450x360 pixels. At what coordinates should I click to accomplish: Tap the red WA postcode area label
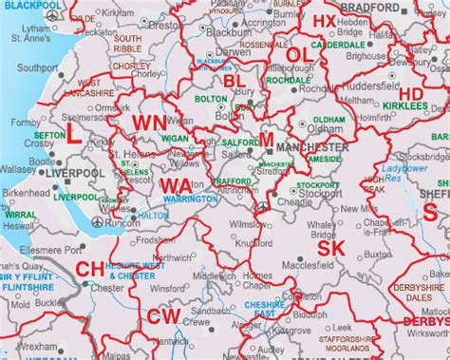click(x=176, y=184)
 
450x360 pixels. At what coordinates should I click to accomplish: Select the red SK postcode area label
click(x=330, y=249)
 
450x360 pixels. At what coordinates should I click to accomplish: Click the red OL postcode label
click(x=299, y=56)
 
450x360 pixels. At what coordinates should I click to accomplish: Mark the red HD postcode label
click(x=411, y=93)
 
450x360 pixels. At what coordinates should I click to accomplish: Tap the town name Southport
click(x=38, y=68)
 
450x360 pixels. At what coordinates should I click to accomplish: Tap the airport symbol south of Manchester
click(x=262, y=205)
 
